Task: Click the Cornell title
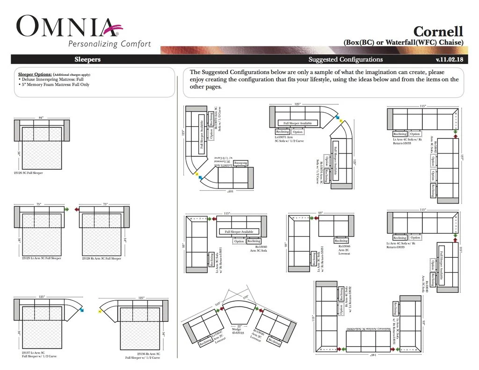[438, 31]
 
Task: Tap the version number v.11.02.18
[449, 59]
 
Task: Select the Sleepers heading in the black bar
[87, 59]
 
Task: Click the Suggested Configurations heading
[345, 59]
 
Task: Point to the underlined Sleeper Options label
[35, 74]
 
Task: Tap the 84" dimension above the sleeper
[41, 117]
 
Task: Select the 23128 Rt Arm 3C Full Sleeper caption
[102, 258]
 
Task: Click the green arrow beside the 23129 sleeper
[68, 209]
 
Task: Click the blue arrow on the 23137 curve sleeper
[82, 309]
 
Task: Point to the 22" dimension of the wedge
[239, 326]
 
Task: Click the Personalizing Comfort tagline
[109, 44]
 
